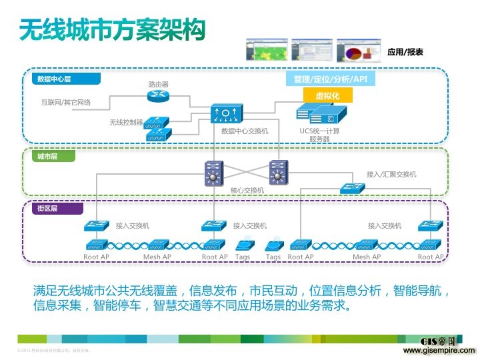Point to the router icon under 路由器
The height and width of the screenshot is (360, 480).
158,97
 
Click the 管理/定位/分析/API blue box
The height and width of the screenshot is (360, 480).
330,79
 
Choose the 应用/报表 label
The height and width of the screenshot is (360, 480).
405,51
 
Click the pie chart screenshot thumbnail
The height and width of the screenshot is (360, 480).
358,49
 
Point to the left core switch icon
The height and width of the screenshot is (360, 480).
214,174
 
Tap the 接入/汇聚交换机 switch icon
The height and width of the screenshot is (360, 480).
351,188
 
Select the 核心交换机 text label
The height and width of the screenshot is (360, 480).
247,190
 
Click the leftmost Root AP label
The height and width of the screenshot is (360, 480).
96,257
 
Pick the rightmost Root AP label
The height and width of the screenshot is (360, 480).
430,257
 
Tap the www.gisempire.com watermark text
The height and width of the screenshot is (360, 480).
439,350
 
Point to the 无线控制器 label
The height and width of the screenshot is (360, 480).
127,122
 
